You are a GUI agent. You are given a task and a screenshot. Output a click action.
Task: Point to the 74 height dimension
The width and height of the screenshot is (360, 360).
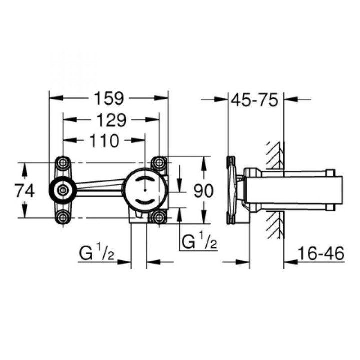click(25, 190)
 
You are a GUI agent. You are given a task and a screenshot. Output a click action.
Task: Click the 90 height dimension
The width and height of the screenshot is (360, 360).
click(202, 190)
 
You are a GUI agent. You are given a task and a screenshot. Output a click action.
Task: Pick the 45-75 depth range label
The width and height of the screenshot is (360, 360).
click(254, 100)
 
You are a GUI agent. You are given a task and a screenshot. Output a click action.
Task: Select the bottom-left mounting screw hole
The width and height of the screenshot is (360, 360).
click(63, 216)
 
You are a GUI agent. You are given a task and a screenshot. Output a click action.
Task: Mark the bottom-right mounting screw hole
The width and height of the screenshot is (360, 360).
click(159, 216)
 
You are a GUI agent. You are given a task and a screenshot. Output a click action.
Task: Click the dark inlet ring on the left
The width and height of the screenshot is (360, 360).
click(63, 189)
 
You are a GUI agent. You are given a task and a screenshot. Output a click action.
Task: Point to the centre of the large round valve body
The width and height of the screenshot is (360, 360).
click(144, 190)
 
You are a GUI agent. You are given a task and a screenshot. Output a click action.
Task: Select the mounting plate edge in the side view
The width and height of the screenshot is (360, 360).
click(230, 190)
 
